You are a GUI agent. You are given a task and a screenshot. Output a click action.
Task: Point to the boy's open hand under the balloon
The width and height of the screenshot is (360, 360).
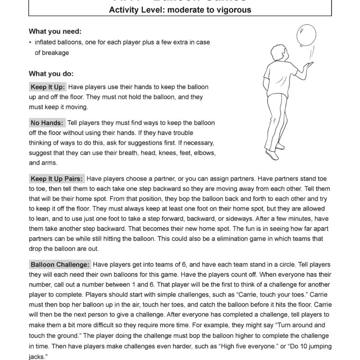click(x=309, y=65)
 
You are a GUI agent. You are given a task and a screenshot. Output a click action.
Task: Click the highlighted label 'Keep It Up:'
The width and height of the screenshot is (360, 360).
click(x=48, y=86)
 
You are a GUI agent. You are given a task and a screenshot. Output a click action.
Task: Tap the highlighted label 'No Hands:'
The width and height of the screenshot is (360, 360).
click(x=47, y=123)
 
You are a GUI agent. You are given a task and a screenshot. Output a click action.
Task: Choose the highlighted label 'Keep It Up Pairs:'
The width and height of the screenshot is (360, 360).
click(x=56, y=178)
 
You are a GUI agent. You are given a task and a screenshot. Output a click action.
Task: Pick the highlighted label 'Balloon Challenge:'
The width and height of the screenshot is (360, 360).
click(x=60, y=265)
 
